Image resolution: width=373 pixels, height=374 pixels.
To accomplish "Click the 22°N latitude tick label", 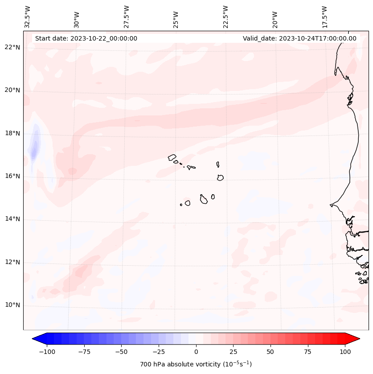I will pos(12,47).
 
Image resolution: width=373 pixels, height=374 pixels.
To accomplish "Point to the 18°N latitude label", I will pos(12,133).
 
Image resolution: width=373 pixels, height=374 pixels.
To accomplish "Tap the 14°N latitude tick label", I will pos(12,219).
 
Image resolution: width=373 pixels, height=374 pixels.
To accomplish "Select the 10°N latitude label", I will pos(12,305).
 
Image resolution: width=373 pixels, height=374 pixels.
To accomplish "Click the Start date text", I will pos(86,38).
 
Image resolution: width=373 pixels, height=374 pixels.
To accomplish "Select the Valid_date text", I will pos(299,38).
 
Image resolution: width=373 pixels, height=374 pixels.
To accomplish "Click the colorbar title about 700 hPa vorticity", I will pos(196,364).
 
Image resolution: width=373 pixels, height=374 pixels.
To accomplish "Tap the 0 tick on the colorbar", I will pos(196,352).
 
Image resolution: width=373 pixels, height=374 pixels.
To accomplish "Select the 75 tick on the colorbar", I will pos(307,352).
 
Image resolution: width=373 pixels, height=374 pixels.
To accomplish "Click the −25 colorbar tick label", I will pos(159,352).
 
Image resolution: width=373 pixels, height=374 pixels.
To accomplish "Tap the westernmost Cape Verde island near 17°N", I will pos(172,157).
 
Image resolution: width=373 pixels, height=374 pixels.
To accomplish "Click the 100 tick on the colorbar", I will pos(344,352).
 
